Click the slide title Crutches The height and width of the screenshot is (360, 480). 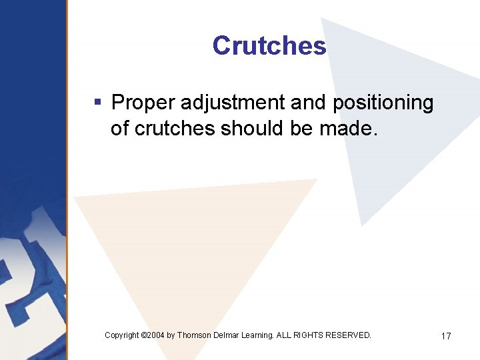(x=269, y=46)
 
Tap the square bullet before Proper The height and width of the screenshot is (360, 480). (x=97, y=103)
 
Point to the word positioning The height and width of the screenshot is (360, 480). (x=383, y=103)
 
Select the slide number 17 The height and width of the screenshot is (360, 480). (x=445, y=336)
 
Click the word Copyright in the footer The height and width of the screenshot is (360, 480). (x=122, y=335)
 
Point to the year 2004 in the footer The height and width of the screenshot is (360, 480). (x=156, y=335)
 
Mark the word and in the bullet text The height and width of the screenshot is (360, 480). (x=312, y=103)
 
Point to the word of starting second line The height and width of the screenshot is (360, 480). (x=120, y=128)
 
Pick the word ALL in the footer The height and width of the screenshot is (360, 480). (x=285, y=335)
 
